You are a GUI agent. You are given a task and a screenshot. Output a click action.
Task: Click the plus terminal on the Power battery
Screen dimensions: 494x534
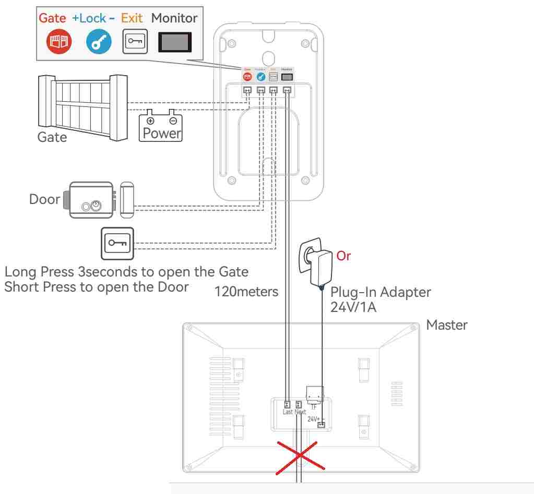[151, 121]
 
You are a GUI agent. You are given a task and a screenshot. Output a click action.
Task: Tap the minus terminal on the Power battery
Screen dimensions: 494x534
[172, 121]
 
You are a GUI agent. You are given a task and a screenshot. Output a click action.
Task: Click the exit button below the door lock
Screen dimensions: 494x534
[117, 243]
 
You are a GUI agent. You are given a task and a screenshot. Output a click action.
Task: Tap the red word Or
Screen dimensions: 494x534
[344, 256]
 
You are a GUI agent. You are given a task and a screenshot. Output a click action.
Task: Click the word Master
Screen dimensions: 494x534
[447, 324]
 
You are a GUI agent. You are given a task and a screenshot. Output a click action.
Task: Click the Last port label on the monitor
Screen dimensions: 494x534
[287, 412]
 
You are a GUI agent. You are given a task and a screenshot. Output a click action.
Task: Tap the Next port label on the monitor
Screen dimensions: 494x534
[300, 412]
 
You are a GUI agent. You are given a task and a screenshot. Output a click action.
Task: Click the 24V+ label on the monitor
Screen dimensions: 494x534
[313, 419]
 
